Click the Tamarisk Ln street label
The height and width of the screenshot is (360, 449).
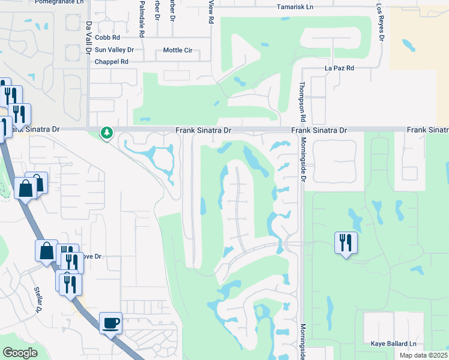click(295, 7)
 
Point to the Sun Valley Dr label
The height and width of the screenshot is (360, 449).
click(114, 49)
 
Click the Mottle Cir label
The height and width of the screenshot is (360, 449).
click(177, 50)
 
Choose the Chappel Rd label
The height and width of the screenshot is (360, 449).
click(112, 62)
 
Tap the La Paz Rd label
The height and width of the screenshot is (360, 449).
click(339, 68)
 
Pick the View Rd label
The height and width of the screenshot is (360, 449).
click(211, 12)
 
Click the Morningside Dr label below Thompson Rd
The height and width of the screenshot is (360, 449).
click(303, 159)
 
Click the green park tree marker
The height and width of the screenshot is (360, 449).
click(107, 133)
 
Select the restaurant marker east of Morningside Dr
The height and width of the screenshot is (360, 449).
click(346, 243)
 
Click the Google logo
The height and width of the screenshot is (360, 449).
click(20, 353)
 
